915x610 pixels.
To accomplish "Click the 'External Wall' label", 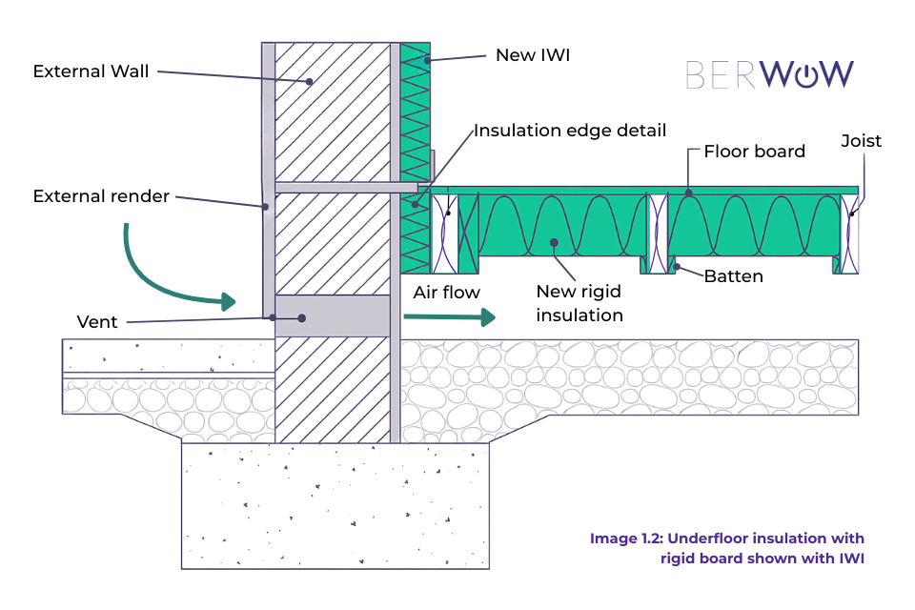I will [91, 71].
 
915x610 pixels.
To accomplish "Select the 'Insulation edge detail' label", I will [570, 131].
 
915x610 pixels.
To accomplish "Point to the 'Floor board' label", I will [754, 152].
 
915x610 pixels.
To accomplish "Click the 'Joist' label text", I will [861, 141].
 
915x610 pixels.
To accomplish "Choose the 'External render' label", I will [101, 196].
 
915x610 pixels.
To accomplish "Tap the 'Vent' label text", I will [97, 322].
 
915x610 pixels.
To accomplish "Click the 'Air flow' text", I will [446, 293].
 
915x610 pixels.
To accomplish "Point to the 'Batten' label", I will [734, 276].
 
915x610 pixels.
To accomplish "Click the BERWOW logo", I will [769, 74].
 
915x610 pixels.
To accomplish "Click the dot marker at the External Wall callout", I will [310, 83].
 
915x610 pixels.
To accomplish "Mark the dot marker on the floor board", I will [686, 193].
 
